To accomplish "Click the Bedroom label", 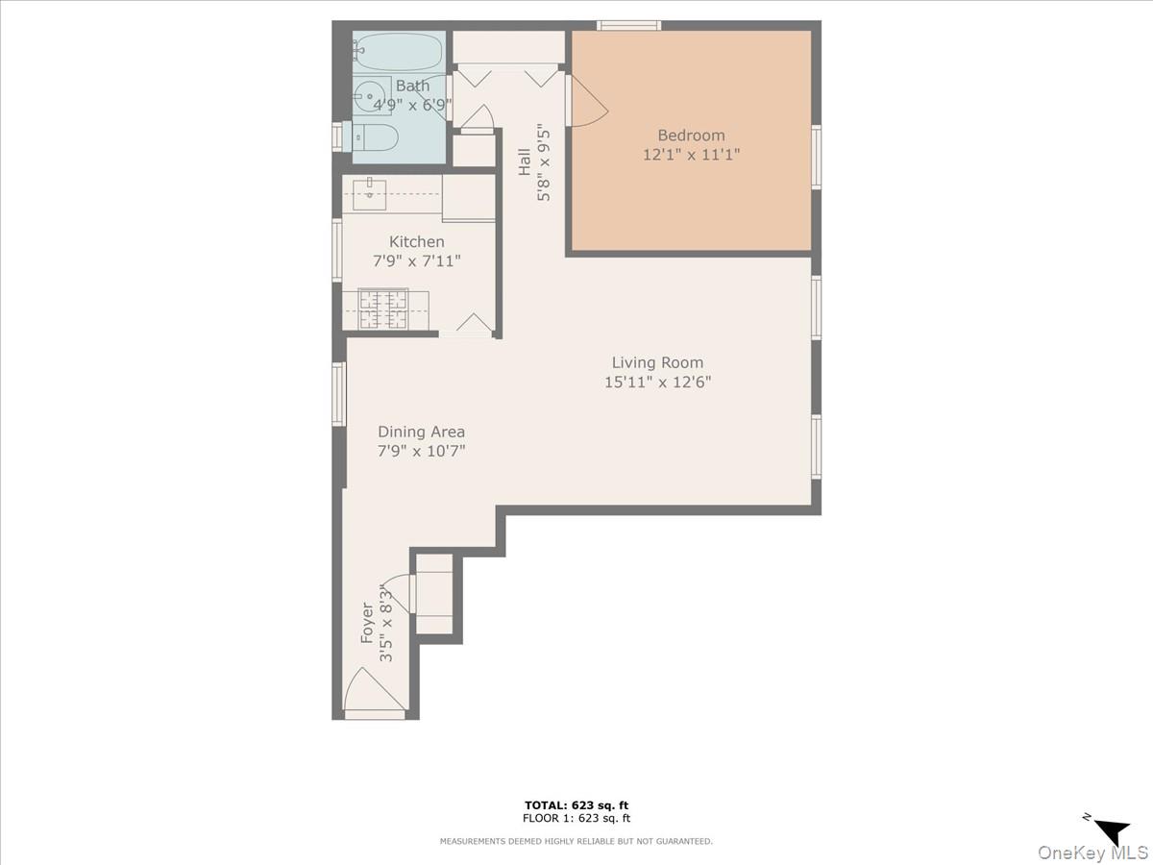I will pos(691,136).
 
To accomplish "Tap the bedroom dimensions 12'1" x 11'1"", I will pos(691,154).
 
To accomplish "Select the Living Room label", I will pos(657,362).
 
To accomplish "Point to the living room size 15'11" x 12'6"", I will pos(657,382).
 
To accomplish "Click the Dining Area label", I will pos(421,432).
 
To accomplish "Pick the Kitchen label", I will pos(416,242).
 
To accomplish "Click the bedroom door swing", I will pos(588,102).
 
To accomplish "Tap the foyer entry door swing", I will pos(373,691).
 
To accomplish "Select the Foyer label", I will pos(367,622).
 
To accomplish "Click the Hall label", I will pos(525,161).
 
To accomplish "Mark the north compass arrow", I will pos(1112,830).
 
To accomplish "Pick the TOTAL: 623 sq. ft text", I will pos(576,805).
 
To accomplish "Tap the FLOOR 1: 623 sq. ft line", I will pos(576,819).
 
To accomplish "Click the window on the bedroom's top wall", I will pos(628,25).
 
